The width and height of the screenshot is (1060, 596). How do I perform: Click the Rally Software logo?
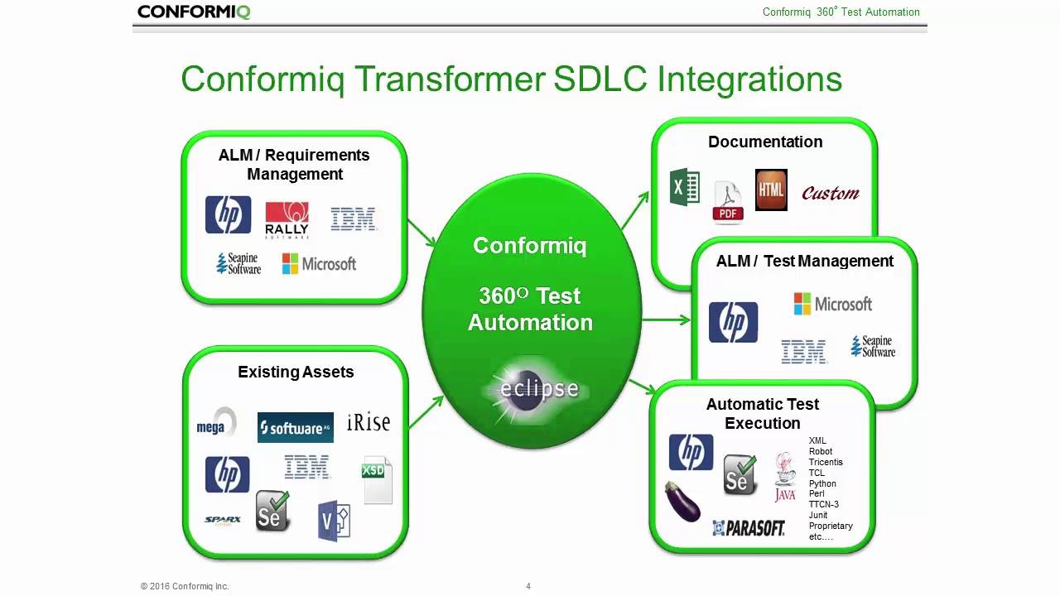coord(287,220)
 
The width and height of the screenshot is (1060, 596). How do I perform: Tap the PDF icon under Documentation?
coord(728,203)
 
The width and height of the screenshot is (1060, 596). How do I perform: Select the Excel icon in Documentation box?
coord(684,187)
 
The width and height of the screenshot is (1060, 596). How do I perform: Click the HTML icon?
coord(771,190)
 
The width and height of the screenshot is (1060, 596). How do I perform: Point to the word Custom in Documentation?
coord(830,194)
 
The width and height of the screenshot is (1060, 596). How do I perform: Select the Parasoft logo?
coord(749,527)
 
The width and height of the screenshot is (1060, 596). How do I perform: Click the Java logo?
coord(784,477)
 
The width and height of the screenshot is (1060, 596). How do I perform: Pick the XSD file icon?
coord(377,480)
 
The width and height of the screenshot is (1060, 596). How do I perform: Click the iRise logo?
coord(368,422)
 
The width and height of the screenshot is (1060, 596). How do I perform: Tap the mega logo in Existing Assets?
coord(216,423)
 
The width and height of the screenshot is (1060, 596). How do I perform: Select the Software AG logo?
coord(295,428)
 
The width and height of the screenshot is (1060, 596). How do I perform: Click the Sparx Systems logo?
coord(222,521)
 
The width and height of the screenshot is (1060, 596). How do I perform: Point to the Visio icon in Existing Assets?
coord(334,521)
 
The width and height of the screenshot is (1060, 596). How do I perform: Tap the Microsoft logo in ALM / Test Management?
coord(832,304)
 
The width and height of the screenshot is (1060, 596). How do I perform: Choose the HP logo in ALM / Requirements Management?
coord(228,215)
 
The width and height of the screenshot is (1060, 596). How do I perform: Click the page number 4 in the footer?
coord(528,586)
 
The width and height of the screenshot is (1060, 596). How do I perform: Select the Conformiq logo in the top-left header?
coord(194,12)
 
